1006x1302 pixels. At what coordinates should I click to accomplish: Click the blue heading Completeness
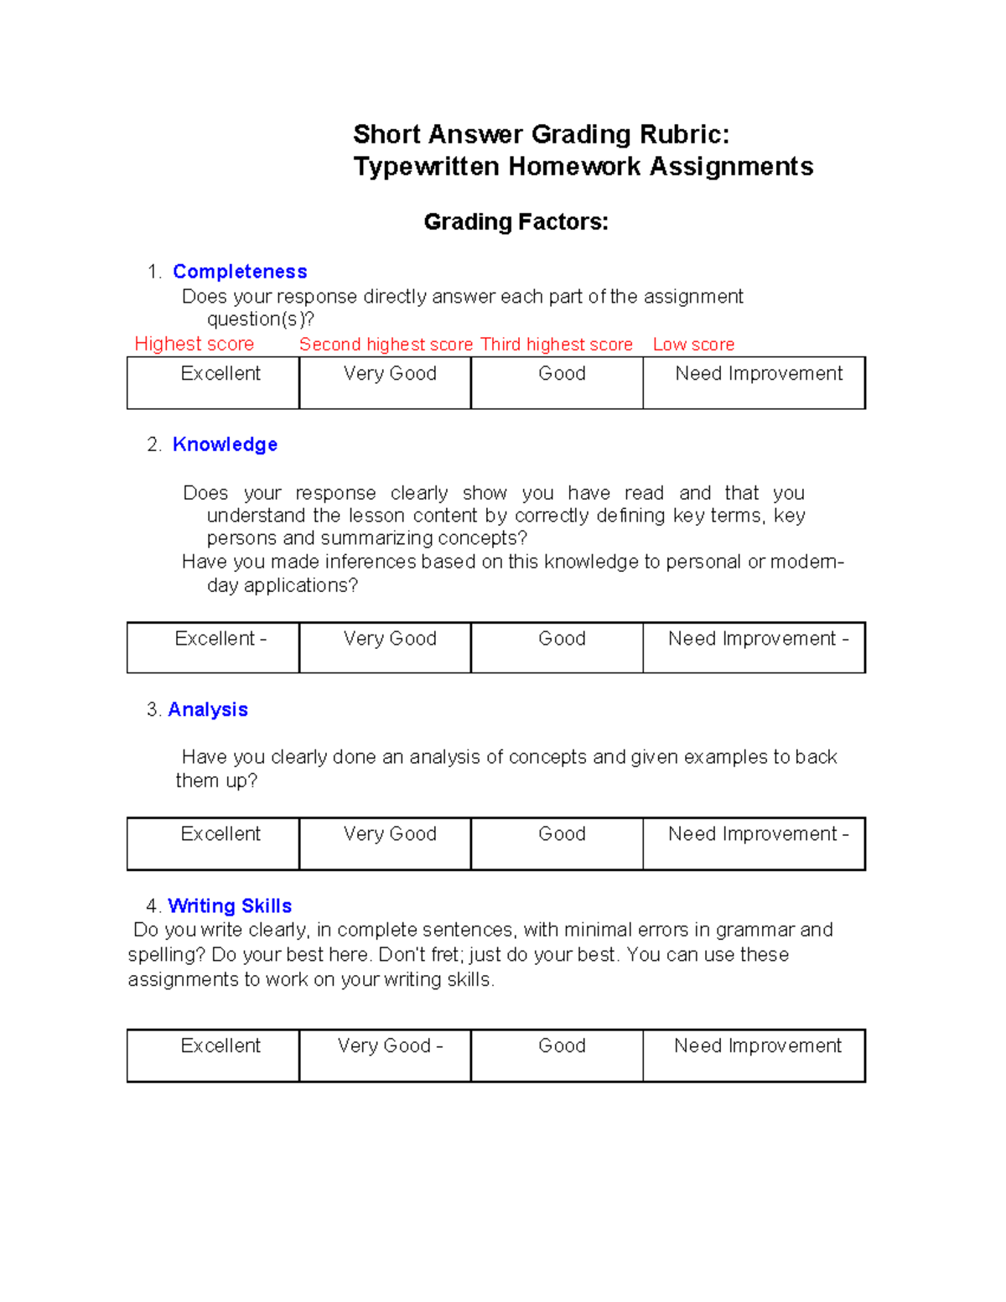[x=240, y=272]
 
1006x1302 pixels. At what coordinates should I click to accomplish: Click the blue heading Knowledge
[x=225, y=444]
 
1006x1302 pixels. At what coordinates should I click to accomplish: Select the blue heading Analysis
[x=208, y=709]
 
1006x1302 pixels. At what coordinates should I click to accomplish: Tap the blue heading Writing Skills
[x=230, y=905]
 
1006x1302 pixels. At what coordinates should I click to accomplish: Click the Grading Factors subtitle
[x=516, y=222]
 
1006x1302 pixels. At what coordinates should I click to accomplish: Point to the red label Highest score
[x=194, y=344]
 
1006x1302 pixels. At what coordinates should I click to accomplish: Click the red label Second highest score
[x=386, y=345]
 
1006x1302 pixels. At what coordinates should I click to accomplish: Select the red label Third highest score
[x=557, y=345]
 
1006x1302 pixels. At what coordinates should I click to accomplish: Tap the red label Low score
[x=693, y=345]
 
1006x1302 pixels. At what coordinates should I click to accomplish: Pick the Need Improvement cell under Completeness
[x=754, y=383]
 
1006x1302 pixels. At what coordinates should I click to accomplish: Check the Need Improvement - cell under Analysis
[x=754, y=843]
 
